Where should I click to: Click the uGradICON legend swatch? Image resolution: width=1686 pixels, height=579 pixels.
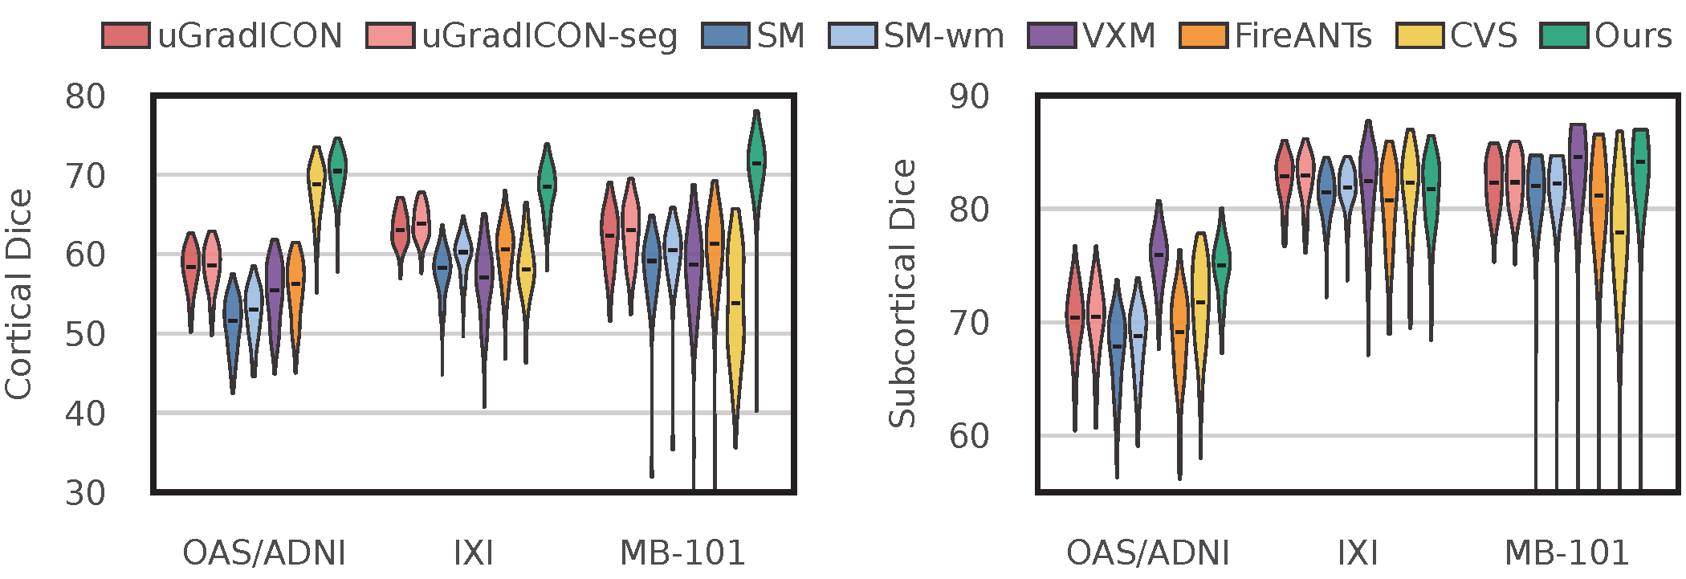(126, 36)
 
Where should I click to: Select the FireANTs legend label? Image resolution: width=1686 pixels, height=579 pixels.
(1302, 36)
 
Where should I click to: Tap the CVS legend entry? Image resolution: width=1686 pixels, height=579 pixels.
(1483, 36)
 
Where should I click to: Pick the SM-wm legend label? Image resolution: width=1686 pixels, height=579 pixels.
(943, 36)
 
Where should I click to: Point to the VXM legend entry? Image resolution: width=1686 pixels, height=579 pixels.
(1118, 36)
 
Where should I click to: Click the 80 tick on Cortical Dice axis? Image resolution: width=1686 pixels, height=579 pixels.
(85, 96)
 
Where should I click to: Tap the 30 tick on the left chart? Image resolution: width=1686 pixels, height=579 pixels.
(85, 492)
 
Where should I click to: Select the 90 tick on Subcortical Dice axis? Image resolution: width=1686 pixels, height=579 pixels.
(969, 96)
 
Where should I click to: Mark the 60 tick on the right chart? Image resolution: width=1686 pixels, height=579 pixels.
(969, 436)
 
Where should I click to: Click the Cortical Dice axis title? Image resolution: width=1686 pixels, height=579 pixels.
(19, 294)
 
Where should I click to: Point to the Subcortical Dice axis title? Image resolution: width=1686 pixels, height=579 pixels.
(902, 294)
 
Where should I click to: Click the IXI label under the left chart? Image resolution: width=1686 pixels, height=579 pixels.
(473, 553)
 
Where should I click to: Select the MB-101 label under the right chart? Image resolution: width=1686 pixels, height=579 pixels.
(1566, 553)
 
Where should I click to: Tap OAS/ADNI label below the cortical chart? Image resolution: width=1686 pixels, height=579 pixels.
(264, 553)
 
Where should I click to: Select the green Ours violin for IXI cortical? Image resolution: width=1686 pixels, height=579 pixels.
(547, 185)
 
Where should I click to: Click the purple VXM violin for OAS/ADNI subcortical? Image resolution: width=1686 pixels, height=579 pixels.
(1159, 253)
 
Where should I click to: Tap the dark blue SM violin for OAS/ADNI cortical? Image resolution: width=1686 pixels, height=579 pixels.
(233, 321)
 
